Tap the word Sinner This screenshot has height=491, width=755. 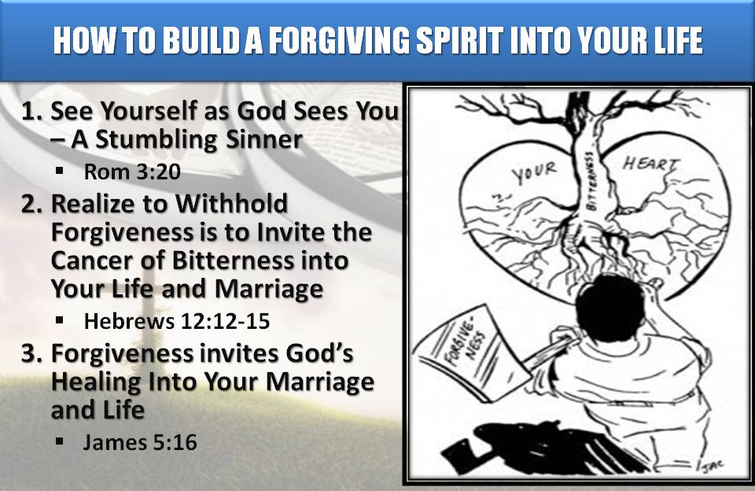pyautogui.click(x=262, y=140)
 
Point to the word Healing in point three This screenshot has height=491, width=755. pyautogui.click(x=94, y=382)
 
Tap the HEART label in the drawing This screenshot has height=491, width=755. pyautogui.click(x=650, y=165)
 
